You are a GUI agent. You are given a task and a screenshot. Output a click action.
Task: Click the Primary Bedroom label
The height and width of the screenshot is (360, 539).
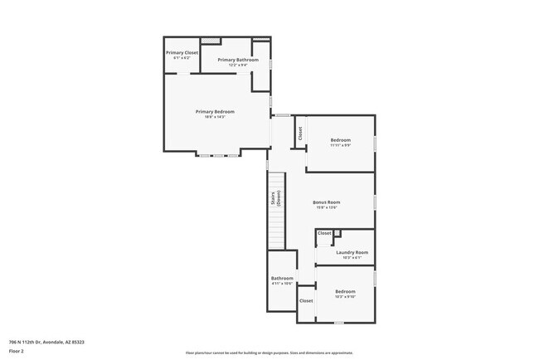point(215,112)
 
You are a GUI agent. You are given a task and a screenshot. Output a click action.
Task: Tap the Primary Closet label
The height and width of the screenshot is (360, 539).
point(182,52)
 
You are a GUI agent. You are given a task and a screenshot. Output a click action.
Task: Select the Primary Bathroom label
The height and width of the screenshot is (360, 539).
point(238,60)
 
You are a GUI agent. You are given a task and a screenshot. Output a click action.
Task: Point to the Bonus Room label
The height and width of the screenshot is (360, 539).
point(327,202)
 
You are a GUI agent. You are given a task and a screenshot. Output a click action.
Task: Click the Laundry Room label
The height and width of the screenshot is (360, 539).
point(352,253)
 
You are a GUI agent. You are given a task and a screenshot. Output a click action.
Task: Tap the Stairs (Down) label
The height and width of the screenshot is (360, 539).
point(275,198)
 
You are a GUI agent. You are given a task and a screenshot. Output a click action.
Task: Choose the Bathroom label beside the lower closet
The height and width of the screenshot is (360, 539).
point(282,278)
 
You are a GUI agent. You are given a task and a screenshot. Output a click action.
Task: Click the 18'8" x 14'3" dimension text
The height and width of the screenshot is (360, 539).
point(215,117)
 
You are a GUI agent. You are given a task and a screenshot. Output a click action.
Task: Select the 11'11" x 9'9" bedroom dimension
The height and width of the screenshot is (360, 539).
point(341,145)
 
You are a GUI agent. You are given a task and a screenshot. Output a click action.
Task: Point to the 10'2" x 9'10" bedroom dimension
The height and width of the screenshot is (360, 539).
point(345,296)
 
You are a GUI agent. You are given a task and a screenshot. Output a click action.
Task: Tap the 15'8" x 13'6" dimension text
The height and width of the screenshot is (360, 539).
point(327,207)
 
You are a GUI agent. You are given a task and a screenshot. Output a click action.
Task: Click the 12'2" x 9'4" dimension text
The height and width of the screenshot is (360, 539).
point(238,65)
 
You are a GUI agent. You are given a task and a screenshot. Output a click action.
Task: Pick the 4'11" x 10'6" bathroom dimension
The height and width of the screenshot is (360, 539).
point(282,284)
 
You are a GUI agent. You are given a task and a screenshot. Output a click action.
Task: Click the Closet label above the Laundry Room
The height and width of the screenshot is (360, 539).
point(324,234)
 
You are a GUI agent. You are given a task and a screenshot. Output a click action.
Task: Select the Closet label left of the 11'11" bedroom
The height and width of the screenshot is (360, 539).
point(299,132)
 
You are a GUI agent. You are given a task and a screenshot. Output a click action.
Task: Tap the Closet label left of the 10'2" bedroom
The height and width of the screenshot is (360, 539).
point(306,300)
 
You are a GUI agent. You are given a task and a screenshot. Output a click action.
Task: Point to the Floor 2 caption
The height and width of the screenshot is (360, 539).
point(17,351)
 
